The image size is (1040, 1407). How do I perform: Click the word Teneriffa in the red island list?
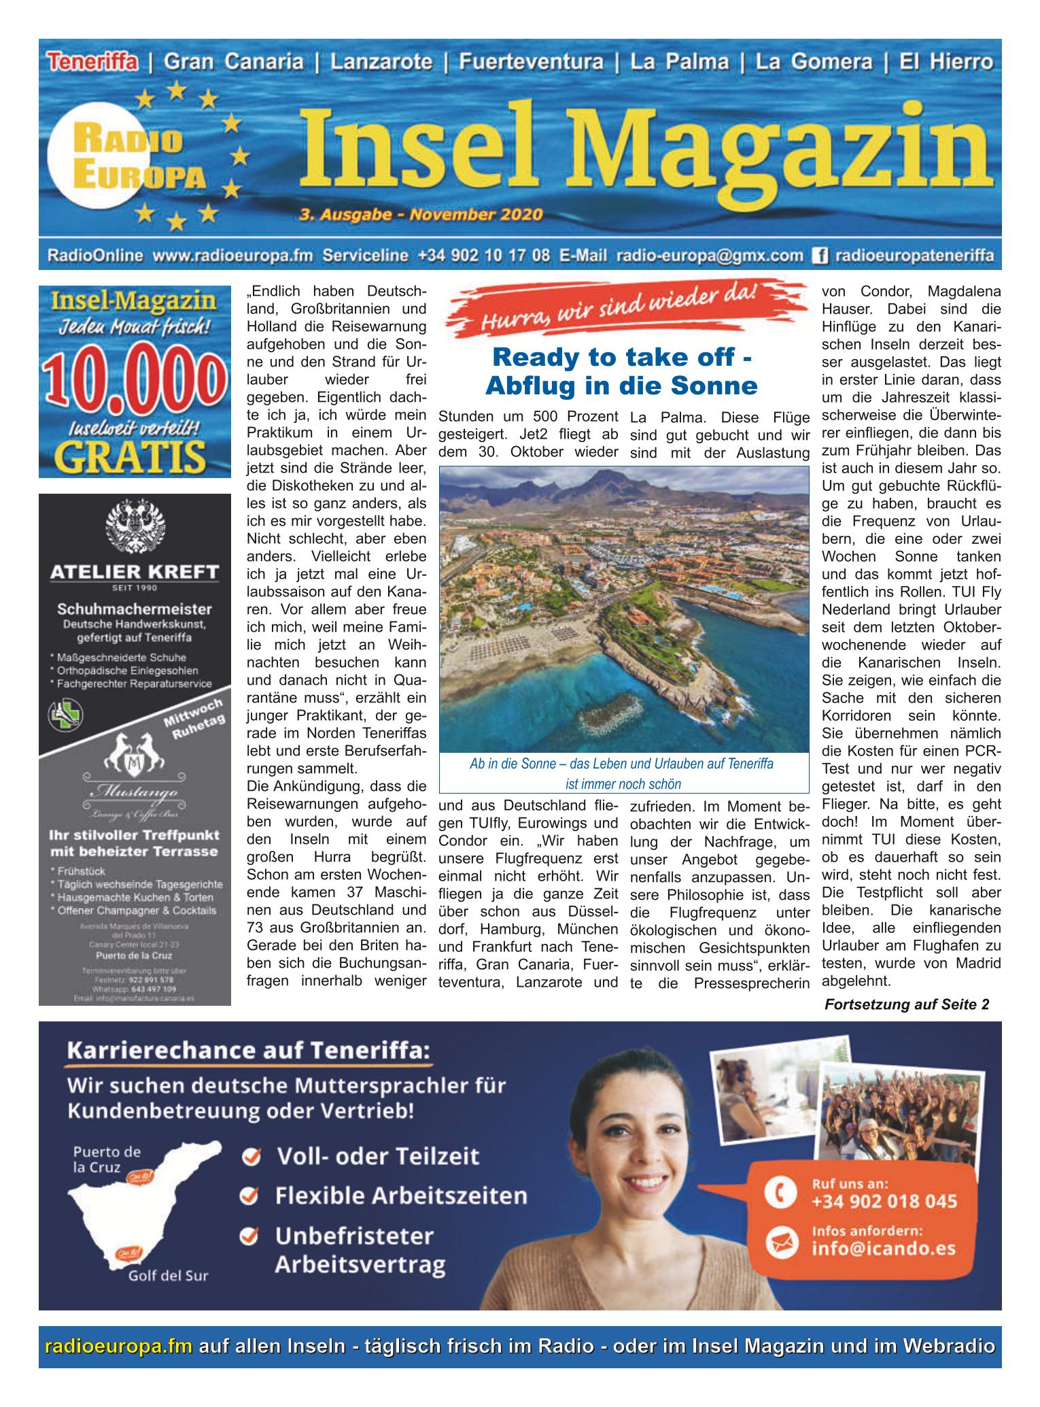92,63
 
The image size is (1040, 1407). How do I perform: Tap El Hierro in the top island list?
946,63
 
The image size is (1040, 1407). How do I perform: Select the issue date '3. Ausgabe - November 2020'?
420,215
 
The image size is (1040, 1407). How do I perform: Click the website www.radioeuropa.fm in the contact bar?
232,256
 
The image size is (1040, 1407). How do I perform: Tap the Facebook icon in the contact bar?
819,256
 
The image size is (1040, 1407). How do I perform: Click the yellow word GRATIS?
134,455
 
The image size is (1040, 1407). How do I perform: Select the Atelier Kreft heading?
135,572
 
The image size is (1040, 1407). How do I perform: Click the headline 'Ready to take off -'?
621,356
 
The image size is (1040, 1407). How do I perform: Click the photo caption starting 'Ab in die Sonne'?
621,764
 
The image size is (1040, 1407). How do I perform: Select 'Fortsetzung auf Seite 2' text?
907,1004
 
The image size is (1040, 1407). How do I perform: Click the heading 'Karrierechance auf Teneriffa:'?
248,1052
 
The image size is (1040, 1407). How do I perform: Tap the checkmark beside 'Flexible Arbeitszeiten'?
252,1196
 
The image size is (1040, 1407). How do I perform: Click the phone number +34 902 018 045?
884,1202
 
